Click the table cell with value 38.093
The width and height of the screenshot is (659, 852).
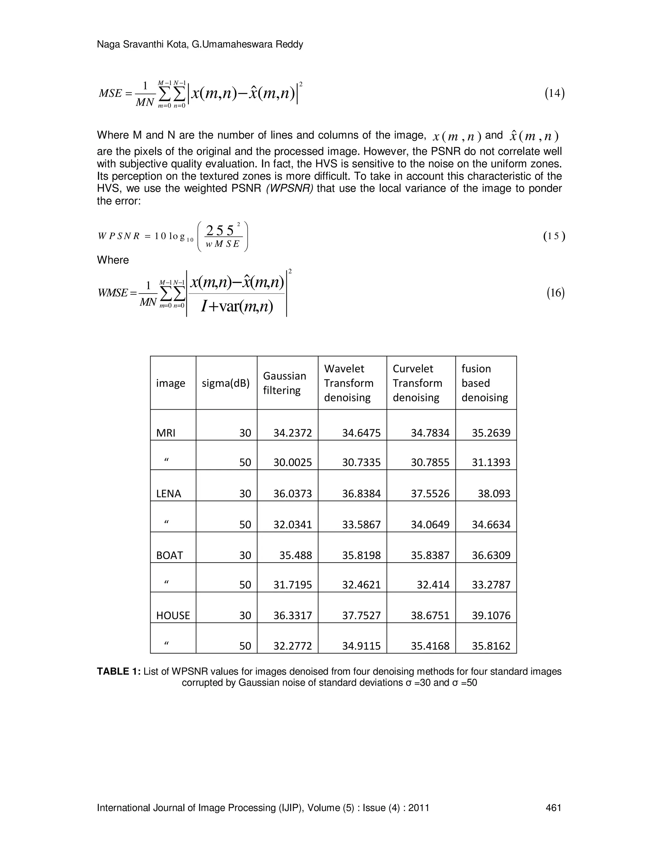[x=494, y=494]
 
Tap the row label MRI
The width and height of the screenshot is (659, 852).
[x=166, y=433]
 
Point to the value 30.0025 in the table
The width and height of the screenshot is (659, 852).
[x=292, y=462]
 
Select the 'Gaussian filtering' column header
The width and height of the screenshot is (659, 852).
[x=284, y=383]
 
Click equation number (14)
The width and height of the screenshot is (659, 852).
[x=554, y=93]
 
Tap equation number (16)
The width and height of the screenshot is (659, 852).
[x=555, y=293]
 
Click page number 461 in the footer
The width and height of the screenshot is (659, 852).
[x=553, y=808]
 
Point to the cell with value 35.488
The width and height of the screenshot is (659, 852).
[x=295, y=555]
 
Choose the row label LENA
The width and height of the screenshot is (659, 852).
[x=169, y=494]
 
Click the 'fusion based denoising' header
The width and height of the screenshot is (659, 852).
[x=485, y=383]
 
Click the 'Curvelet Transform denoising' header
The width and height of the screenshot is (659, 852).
[x=417, y=383]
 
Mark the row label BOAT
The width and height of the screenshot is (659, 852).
[x=170, y=555]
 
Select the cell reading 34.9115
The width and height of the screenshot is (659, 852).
[x=361, y=646]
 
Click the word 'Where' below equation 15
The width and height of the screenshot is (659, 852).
[x=113, y=260]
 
